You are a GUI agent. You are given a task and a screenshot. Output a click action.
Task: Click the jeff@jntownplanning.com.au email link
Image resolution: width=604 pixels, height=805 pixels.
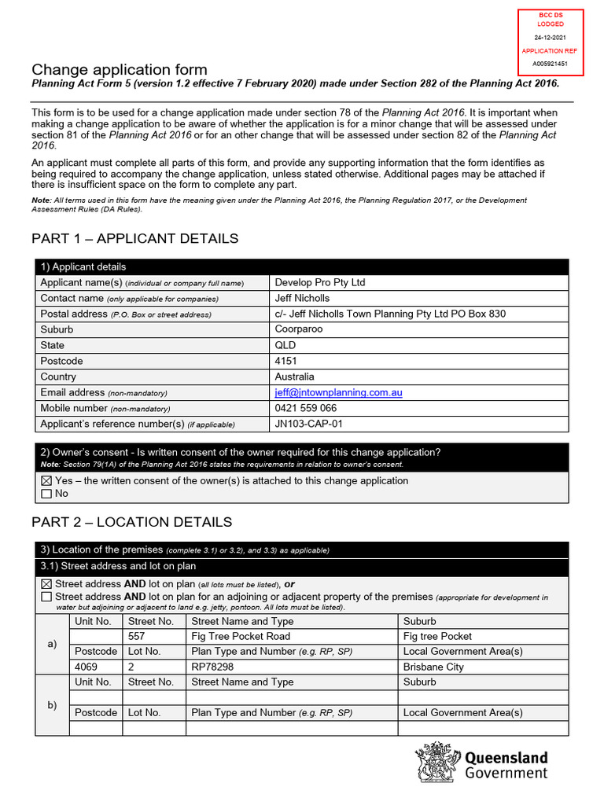pyautogui.click(x=338, y=392)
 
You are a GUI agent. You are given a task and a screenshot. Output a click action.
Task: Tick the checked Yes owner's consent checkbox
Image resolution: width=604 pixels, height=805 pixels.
pyautogui.click(x=46, y=481)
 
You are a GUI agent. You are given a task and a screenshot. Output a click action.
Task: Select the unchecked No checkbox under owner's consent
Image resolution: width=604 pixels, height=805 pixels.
pyautogui.click(x=46, y=494)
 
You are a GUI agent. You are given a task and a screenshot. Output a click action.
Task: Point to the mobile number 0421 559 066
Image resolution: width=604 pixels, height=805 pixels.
pyautogui.click(x=305, y=408)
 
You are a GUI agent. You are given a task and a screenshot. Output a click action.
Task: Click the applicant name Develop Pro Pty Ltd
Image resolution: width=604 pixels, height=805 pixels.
pyautogui.click(x=319, y=282)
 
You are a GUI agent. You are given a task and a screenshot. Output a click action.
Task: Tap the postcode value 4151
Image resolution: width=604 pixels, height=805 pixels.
pyautogui.click(x=286, y=361)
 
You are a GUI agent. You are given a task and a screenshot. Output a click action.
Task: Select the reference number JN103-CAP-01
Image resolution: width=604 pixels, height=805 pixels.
pyautogui.click(x=308, y=424)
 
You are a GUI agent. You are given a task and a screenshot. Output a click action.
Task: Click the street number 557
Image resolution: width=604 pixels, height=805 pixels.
pyautogui.click(x=137, y=636)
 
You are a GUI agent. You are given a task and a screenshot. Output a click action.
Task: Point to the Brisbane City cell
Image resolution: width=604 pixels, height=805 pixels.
pyautogui.click(x=433, y=667)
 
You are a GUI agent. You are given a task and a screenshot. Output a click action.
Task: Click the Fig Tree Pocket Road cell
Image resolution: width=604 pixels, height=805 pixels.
pyautogui.click(x=241, y=636)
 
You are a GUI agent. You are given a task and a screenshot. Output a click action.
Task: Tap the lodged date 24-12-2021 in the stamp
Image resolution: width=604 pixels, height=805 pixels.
pyautogui.click(x=550, y=37)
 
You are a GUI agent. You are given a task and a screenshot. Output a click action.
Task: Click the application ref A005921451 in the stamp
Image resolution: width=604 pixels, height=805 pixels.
pyautogui.click(x=550, y=63)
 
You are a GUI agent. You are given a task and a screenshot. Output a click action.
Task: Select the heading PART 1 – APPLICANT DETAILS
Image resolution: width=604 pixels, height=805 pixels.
pyautogui.click(x=134, y=238)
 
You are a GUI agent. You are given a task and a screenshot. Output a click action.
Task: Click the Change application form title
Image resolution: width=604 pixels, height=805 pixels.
pyautogui.click(x=119, y=70)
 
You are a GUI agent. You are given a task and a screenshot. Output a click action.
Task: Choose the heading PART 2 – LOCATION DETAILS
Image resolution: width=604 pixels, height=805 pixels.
pyautogui.click(x=131, y=522)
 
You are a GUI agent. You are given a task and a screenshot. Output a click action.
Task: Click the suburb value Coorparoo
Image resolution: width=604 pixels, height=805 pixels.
pyautogui.click(x=298, y=329)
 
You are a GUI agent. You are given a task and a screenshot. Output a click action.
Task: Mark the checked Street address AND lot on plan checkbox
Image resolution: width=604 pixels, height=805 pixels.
pyautogui.click(x=46, y=584)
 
